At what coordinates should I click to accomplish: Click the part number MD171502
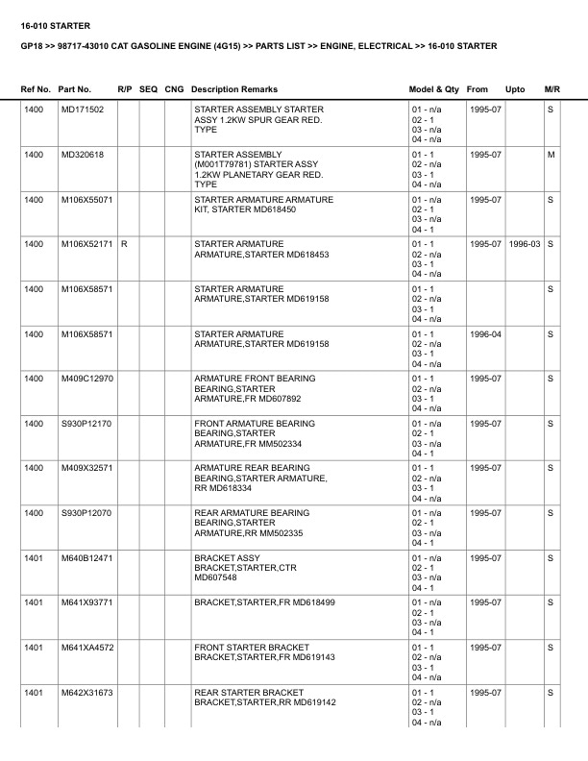point(83,110)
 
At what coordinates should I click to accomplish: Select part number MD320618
point(83,155)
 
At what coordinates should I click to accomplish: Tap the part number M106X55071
point(87,200)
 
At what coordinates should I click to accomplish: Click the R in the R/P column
point(124,244)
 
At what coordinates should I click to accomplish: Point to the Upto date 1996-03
point(525,244)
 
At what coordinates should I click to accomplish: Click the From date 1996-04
point(485,333)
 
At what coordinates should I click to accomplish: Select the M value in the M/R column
point(551,155)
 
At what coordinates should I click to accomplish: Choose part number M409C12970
point(87,379)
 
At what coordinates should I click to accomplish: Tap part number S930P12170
point(86,424)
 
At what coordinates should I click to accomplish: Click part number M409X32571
point(87,468)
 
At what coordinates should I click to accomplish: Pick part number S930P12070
point(86,513)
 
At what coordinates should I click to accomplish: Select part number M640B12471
point(87,558)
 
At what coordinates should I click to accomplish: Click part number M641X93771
point(87,602)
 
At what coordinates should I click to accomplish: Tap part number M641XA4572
point(87,648)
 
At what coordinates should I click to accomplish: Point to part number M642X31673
point(87,692)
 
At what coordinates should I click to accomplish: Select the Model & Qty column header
point(434,89)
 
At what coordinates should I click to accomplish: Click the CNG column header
point(174,89)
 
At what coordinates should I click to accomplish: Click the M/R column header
point(551,89)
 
